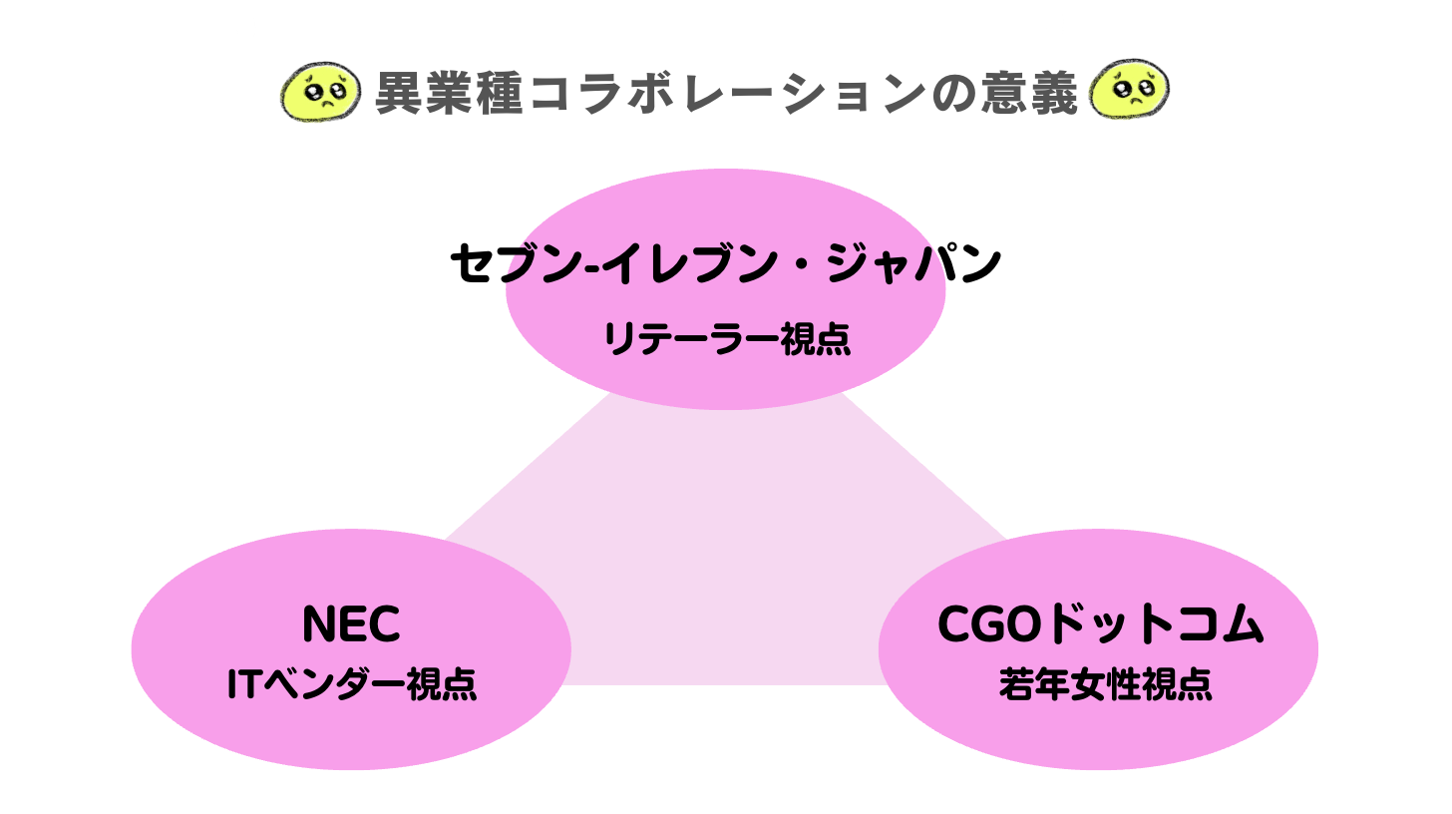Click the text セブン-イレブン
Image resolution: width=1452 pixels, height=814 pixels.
[617, 265]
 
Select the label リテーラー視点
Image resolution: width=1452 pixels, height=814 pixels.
[726, 340]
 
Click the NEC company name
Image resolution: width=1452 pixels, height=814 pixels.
[351, 625]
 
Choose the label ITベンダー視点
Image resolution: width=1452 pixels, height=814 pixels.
[351, 685]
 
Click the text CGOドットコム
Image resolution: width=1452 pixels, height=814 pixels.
[1100, 625]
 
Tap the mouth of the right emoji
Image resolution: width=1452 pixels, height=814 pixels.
[1133, 106]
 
